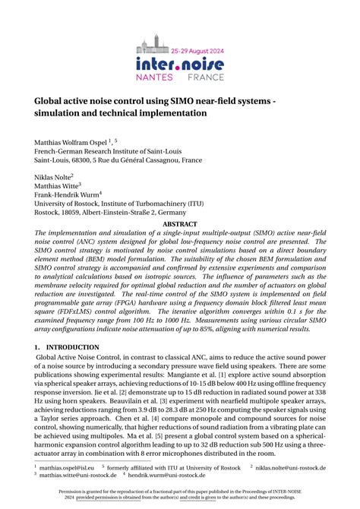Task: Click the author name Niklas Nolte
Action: coord(53,175)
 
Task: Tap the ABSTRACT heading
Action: coord(179,225)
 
